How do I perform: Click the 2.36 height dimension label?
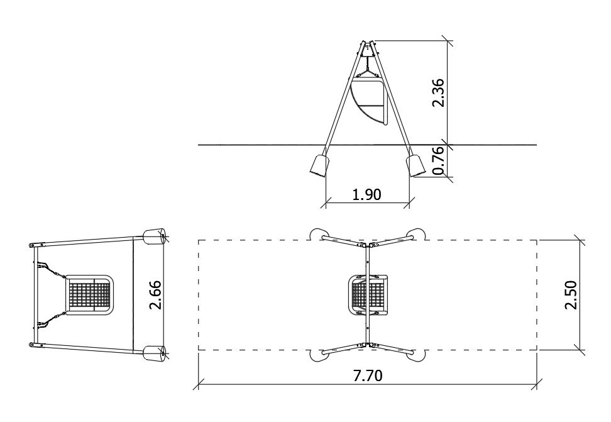(x=438, y=93)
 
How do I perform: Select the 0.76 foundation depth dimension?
(x=438, y=160)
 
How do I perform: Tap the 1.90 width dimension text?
(x=366, y=194)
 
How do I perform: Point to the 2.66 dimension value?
(x=155, y=294)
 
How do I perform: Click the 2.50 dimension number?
(x=571, y=294)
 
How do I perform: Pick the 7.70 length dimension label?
(x=368, y=375)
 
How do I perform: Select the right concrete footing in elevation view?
(x=416, y=165)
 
